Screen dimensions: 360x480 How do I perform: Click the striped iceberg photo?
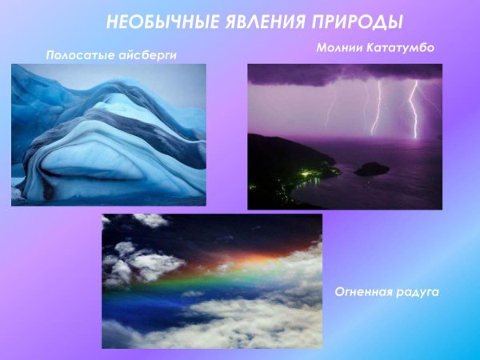108,134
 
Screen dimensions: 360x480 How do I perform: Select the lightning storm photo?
344,136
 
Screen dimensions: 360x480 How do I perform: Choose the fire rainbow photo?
211,280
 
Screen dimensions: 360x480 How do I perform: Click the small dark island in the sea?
371,169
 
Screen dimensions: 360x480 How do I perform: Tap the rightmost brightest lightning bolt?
414,108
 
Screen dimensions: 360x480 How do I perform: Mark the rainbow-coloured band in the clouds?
216,272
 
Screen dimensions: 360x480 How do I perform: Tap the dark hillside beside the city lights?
276,156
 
